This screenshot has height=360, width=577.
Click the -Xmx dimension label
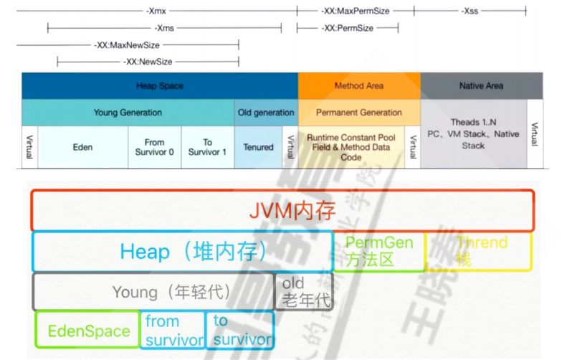[156, 11]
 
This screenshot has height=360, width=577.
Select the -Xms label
[164, 28]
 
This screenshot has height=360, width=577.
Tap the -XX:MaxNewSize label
[127, 44]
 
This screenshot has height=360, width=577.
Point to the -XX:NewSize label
[148, 62]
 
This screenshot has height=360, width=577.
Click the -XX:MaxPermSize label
[356, 11]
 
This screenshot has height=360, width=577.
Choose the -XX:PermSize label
[348, 28]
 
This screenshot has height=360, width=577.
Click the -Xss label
[470, 11]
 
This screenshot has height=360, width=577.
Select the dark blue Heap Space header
[160, 86]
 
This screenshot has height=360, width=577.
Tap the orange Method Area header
[359, 86]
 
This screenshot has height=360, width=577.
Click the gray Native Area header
[481, 86]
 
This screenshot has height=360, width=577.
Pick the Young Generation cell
[128, 113]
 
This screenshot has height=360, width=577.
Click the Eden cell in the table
[82, 147]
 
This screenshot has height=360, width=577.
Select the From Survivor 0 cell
[154, 147]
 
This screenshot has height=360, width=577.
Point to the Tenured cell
[258, 147]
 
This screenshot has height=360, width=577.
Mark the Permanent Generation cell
[359, 113]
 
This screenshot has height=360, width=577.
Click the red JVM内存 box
[282, 210]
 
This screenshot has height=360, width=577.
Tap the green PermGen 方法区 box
[379, 252]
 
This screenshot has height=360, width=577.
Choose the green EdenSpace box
[87, 331]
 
